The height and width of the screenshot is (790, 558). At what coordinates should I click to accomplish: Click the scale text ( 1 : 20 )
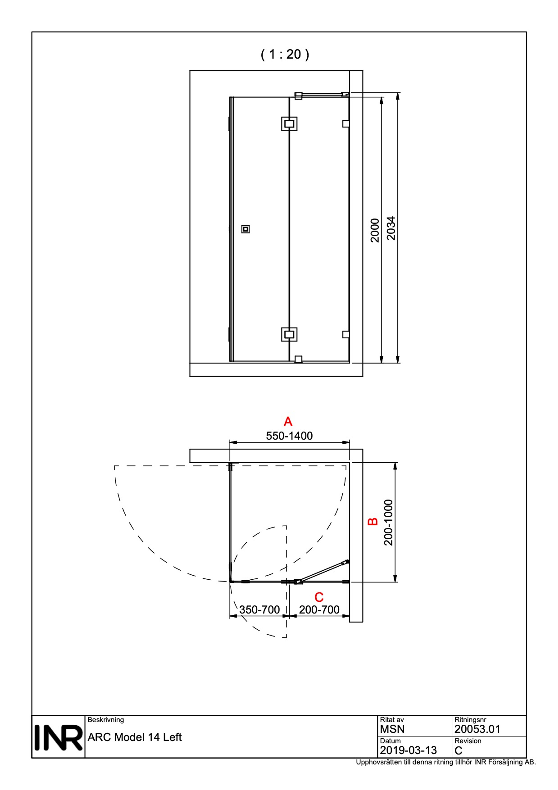(x=285, y=54)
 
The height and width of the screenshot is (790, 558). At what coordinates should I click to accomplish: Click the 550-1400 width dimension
(x=289, y=436)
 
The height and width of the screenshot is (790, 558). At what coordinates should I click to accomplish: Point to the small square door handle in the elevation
(x=245, y=229)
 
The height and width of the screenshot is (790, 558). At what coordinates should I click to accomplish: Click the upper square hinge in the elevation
(x=289, y=124)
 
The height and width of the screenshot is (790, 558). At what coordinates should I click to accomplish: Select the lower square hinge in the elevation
(x=289, y=334)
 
